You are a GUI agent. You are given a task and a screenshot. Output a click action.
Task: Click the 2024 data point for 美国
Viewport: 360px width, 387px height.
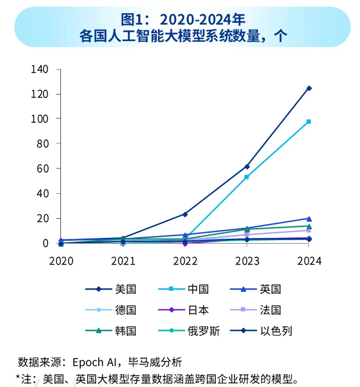tap(309, 88)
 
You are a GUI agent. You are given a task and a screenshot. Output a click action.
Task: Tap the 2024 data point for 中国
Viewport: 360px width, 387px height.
tap(309, 121)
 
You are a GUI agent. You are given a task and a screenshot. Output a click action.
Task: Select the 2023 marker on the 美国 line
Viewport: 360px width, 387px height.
tap(247, 167)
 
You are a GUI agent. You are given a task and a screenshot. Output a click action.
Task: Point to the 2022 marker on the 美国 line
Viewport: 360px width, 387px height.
tap(185, 214)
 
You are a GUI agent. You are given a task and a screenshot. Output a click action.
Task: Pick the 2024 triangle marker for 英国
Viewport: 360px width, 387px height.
tap(309, 219)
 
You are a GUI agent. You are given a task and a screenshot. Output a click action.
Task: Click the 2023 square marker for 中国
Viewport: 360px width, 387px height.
tap(247, 177)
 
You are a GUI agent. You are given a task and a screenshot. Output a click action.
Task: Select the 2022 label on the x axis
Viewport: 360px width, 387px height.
tap(185, 261)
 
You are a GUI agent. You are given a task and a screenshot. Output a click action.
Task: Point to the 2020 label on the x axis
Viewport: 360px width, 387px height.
tap(61, 261)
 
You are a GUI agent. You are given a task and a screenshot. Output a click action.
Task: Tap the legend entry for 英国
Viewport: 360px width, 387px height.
tap(271, 289)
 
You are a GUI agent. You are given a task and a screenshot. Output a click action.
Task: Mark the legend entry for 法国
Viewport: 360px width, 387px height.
tap(271, 310)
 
